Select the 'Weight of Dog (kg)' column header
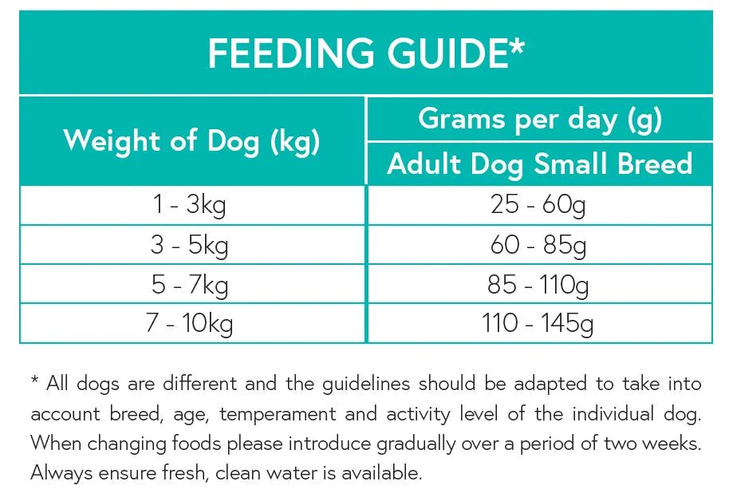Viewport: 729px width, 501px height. click(x=191, y=141)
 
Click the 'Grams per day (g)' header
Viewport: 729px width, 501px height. click(x=539, y=119)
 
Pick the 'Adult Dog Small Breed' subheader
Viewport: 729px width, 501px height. click(x=539, y=164)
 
